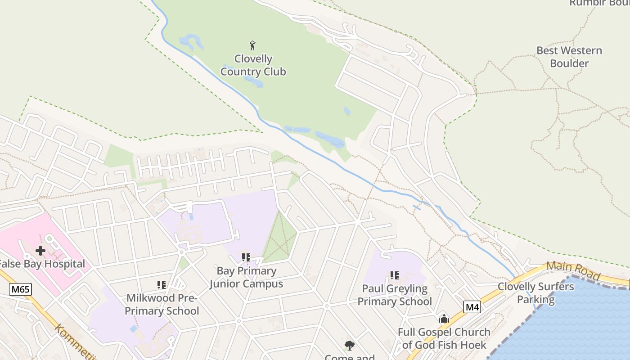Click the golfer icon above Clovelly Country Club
pos(252,45)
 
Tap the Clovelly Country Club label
pos(253,65)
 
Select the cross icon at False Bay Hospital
pos(40,251)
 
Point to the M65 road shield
pos(21,289)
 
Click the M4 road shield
pos(472,307)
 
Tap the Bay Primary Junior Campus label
pos(246,277)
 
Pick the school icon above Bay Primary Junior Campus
pos(246,257)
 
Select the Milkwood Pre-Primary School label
pos(162,304)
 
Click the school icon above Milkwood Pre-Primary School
pos(162,284)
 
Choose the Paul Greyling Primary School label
pos(395,295)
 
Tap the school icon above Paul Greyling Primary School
pos(395,275)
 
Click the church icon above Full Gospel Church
pos(444,319)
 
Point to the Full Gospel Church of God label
pos(444,338)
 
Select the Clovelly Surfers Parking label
pos(535,293)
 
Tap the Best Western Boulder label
pos(569,57)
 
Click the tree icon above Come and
pos(349,346)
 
